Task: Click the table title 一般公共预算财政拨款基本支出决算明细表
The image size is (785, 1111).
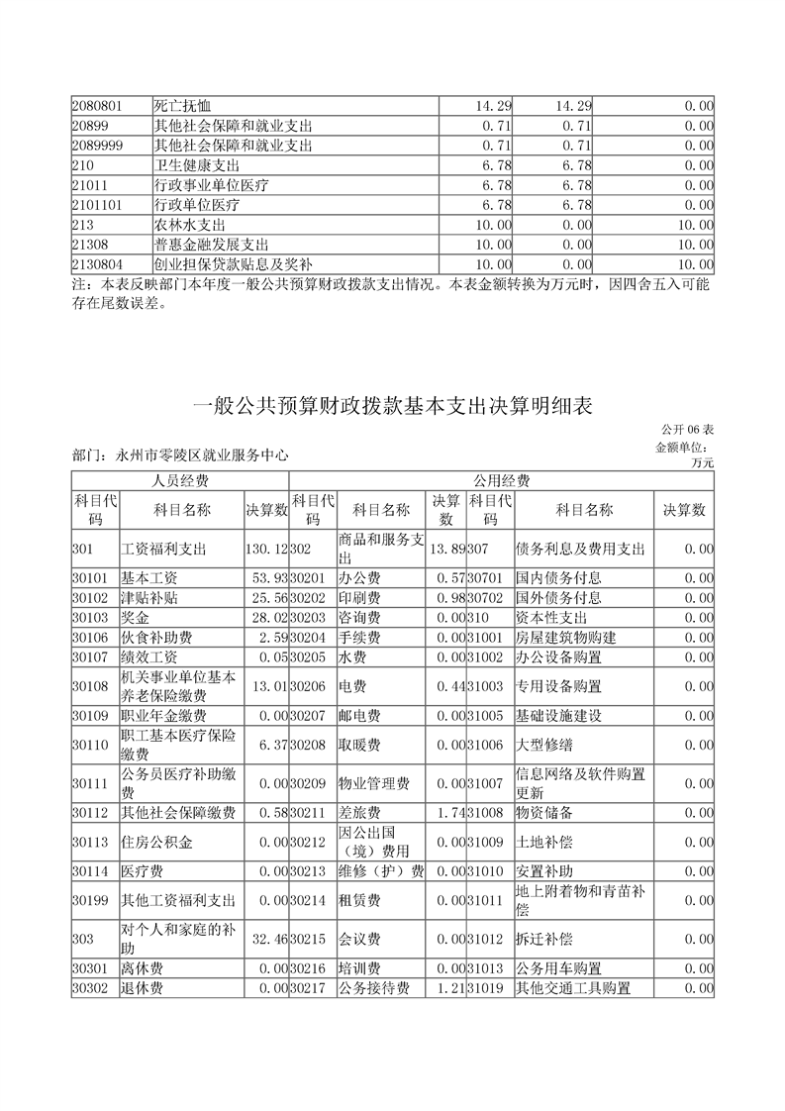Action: [x=392, y=406]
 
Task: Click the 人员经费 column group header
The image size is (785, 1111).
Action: [x=179, y=481]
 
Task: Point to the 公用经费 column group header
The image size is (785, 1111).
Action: [x=501, y=481]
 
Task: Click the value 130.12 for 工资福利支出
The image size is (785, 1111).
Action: [x=265, y=548]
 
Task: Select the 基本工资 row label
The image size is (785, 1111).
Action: [x=148, y=577]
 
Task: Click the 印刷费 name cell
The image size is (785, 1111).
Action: [x=354, y=597]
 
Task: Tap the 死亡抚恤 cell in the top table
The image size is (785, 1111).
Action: [x=184, y=106]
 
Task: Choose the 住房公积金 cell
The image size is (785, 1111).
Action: [x=156, y=843]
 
